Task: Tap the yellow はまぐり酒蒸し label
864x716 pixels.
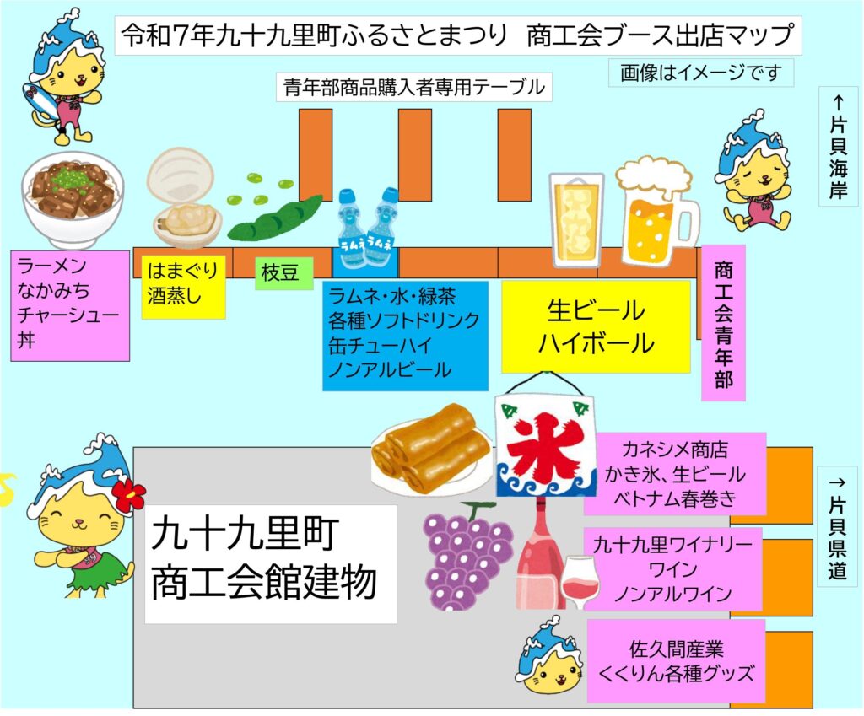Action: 183,286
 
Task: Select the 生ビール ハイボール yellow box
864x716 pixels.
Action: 596,326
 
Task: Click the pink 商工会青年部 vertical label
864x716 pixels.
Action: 723,323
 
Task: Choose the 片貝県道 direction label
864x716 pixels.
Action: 838,528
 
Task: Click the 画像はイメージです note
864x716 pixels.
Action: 701,73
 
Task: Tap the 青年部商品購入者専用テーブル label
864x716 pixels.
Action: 413,86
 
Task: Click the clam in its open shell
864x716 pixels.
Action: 184,198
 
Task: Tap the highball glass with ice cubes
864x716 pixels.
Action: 576,218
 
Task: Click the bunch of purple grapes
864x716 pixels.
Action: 467,552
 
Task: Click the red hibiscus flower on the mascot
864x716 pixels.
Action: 128,496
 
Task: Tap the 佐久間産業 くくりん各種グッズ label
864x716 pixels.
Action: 676,661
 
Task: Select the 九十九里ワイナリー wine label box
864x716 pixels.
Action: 672,568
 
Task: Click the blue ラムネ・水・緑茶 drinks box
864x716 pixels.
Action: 405,335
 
